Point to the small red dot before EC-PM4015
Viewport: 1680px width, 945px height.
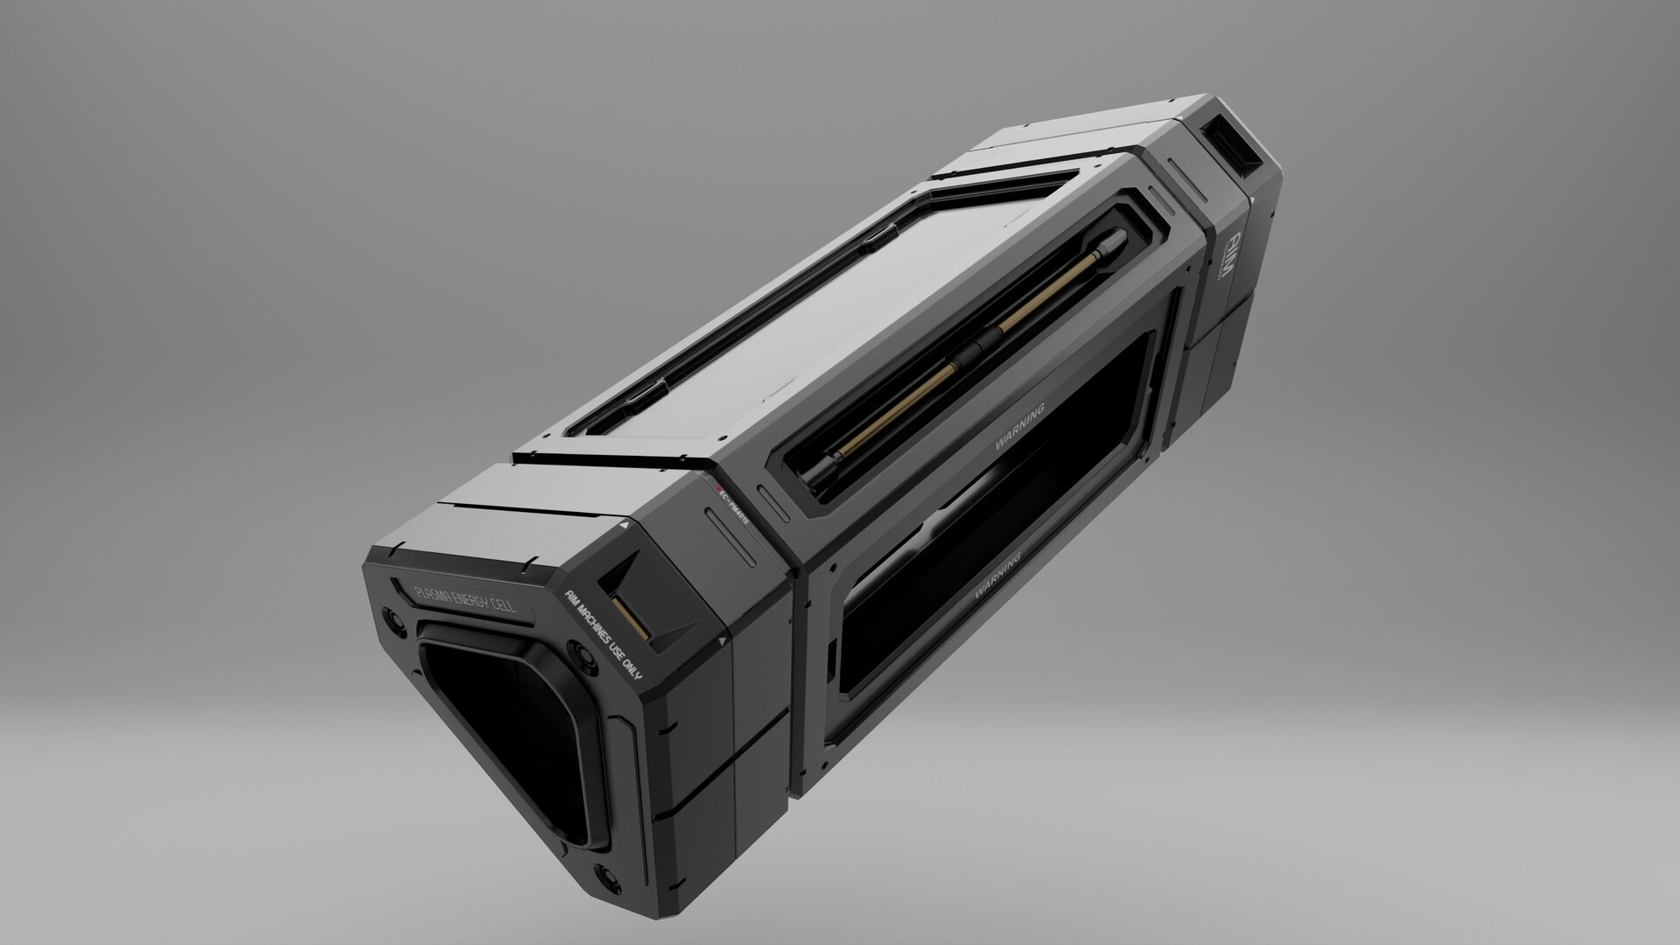(x=717, y=488)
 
